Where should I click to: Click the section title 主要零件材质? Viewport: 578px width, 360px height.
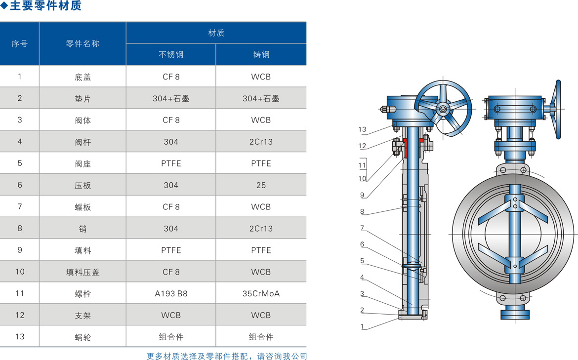tap(45, 5)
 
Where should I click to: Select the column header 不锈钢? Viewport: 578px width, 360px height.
tap(171, 54)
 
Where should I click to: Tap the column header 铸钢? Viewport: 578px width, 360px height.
tap(261, 54)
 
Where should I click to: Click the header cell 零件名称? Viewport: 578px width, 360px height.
tap(83, 43)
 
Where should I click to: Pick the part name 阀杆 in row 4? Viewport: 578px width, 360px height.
tap(83, 142)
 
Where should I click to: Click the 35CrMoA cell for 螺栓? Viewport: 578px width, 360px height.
tap(261, 294)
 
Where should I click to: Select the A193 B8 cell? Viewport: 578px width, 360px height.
tap(171, 294)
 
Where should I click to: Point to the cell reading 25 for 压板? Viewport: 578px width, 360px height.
tap(261, 185)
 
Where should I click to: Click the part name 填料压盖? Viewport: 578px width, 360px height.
tap(83, 272)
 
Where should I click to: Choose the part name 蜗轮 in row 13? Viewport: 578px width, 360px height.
tap(83, 337)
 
